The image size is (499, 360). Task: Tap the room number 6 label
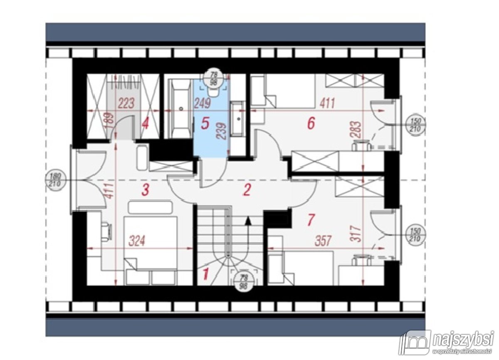(x=311, y=123)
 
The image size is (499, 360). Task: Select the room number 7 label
(x=310, y=221)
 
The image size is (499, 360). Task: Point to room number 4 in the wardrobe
(x=145, y=124)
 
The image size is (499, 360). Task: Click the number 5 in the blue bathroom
(x=205, y=123)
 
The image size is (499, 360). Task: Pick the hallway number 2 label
(x=247, y=191)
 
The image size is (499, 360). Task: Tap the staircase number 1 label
(x=205, y=274)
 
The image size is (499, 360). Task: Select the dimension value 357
(x=323, y=241)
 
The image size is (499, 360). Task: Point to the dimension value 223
(x=126, y=103)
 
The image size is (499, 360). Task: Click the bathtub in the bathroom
(x=180, y=109)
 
